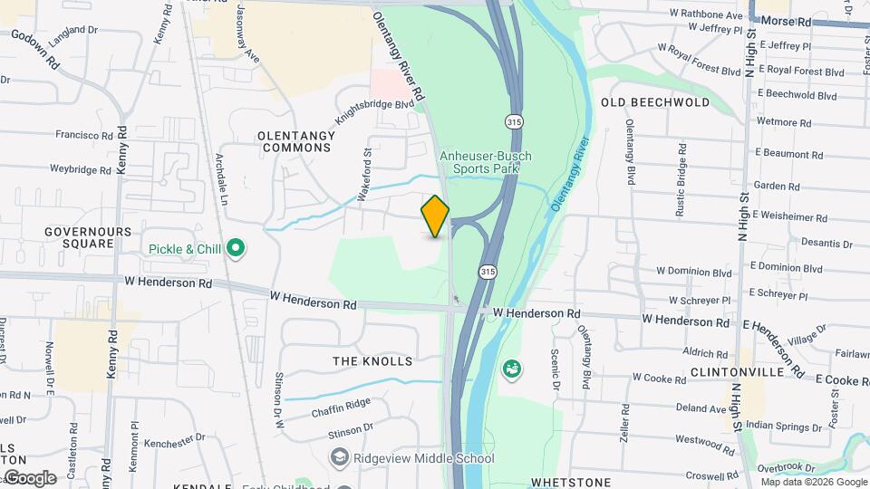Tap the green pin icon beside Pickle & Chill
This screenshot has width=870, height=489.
click(237, 248)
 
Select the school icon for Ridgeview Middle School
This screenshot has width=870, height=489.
click(340, 456)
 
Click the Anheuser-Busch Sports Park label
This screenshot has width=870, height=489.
click(486, 162)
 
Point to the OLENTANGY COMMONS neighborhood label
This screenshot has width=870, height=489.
click(295, 140)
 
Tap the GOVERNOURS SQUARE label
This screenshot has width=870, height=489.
click(88, 237)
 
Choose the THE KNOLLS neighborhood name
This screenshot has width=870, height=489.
click(372, 361)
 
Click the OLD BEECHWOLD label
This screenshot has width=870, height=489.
click(655, 102)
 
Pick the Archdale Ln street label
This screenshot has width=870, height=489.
click(220, 177)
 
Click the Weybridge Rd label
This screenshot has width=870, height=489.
click(80, 169)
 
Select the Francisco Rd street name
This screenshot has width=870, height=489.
click(83, 136)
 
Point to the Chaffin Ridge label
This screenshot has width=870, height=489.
click(341, 409)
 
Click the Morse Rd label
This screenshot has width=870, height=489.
click(786, 20)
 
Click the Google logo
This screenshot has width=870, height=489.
click(30, 478)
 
